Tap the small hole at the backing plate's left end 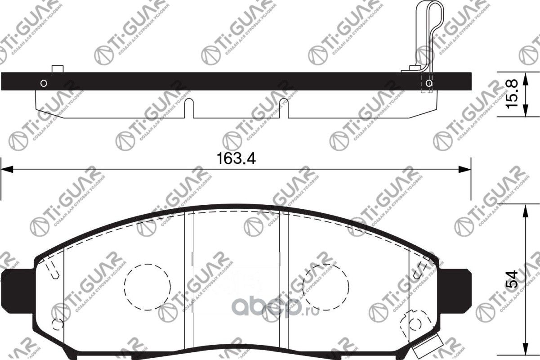44,83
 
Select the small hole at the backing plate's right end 429,83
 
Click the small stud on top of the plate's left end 57,69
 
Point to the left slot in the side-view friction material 188,108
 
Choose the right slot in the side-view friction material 284,108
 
